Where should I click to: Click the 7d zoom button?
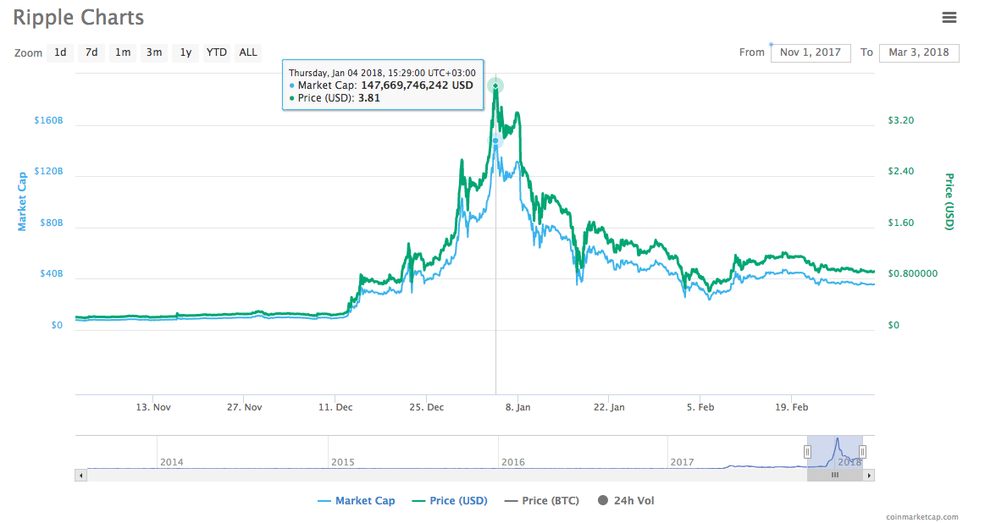coord(91,52)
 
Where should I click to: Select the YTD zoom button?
coord(217,52)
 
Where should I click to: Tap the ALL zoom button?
coord(248,52)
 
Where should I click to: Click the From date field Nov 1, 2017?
coord(810,52)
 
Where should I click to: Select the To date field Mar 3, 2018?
coord(919,52)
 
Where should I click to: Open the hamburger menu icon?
coord(949,17)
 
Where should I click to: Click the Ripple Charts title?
coord(78,17)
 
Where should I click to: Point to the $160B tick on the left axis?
coord(48,120)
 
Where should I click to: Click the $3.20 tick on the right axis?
coord(900,120)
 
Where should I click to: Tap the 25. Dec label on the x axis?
coord(427,407)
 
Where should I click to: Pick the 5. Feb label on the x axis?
coord(700,407)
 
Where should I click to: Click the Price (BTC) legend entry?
coord(542,501)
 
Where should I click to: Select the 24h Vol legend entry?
coord(627,501)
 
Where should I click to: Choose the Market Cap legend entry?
coord(357,501)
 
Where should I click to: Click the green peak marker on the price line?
coord(495,85)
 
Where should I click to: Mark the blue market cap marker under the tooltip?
coord(495,140)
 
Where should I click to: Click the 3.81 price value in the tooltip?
coord(368,97)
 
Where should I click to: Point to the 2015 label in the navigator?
coord(342,462)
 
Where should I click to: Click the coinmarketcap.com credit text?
coord(922,516)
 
